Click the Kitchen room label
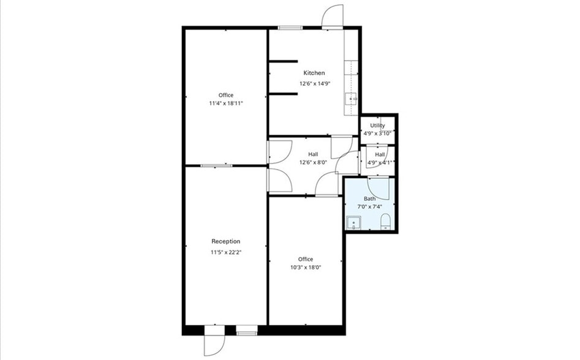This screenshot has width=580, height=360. (314, 73)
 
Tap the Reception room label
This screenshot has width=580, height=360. (225, 241)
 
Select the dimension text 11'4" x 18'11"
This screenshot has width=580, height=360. (226, 103)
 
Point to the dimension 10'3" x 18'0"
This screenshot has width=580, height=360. (306, 267)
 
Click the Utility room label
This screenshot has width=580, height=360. (377, 126)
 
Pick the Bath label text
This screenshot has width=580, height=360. (369, 199)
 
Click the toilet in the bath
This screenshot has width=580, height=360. (385, 222)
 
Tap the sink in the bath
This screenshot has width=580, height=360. (353, 223)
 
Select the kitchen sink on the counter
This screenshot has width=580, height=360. (352, 99)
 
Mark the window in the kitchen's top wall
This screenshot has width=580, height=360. (290, 28)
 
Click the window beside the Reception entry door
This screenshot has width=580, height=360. (246, 331)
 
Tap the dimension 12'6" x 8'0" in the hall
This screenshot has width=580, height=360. (313, 162)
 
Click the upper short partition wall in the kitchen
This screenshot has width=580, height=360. (283, 61)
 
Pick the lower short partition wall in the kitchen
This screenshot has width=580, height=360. (283, 94)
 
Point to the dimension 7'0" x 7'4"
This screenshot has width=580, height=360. (369, 207)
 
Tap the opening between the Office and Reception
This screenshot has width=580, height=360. (216, 165)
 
